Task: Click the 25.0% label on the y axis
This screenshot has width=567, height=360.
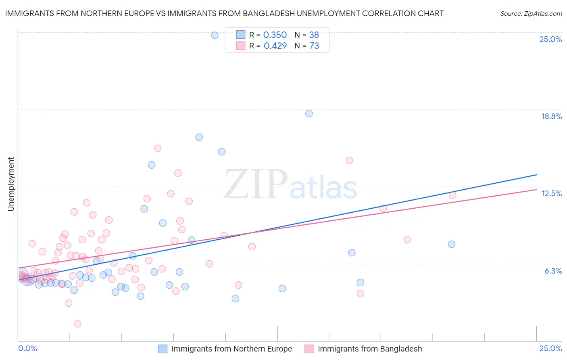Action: (x=550, y=39)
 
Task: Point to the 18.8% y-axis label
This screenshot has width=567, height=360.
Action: (x=551, y=116)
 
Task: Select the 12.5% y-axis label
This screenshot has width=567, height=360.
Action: (x=551, y=193)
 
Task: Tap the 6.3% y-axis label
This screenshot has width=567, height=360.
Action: (x=553, y=271)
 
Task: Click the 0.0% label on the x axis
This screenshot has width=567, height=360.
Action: (x=27, y=348)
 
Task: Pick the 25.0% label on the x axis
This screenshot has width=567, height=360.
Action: (x=550, y=348)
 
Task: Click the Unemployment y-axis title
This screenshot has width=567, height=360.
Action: (x=11, y=184)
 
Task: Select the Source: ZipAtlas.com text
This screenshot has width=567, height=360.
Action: (x=531, y=14)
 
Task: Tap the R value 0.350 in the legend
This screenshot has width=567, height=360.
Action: (x=275, y=35)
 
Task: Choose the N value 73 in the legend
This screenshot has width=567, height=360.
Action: (x=314, y=46)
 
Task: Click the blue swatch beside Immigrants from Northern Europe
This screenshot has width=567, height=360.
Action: (x=163, y=349)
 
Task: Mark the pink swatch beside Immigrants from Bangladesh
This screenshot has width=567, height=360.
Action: (x=309, y=349)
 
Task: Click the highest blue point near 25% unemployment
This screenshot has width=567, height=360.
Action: (x=215, y=36)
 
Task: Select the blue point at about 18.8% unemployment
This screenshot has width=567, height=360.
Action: (x=309, y=113)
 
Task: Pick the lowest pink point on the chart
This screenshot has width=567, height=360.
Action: (x=77, y=324)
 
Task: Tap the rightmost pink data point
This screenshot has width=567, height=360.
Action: (x=452, y=195)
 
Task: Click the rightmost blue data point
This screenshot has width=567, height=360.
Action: (x=452, y=244)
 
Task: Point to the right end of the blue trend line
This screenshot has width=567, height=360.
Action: (x=536, y=175)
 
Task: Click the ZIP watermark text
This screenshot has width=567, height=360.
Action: (x=256, y=184)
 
